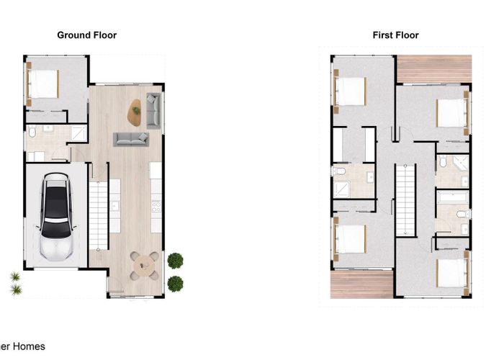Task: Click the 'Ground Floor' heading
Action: coord(86,35)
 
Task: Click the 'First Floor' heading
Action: coord(395,35)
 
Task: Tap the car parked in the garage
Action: coord(58,215)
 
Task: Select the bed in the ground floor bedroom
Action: coord(42,84)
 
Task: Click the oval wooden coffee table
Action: coord(135,110)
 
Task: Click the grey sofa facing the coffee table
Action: coord(130,138)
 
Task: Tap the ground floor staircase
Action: coord(98,214)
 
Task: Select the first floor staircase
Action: coord(407,199)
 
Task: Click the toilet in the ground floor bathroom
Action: coord(32,133)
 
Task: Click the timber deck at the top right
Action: coord(433,69)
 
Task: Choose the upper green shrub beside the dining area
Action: coord(175,260)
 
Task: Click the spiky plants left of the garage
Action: coord(15,284)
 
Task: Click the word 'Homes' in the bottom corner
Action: coord(30,346)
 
